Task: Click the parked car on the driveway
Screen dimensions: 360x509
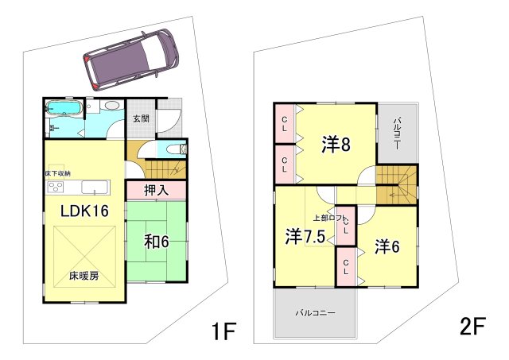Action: pos(129,61)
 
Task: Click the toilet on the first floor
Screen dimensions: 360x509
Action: pos(174,149)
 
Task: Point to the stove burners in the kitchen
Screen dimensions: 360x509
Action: pos(56,188)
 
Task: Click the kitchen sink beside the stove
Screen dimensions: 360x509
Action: pos(95,188)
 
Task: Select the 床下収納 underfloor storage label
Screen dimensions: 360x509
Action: pos(58,172)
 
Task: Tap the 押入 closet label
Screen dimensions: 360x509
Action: pos(155,190)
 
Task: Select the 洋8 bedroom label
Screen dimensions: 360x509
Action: pos(336,145)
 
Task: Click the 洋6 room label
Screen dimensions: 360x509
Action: pos(387,246)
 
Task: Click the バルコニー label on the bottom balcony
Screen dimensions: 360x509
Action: pos(316,312)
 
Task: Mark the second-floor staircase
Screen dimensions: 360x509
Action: pos(395,187)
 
